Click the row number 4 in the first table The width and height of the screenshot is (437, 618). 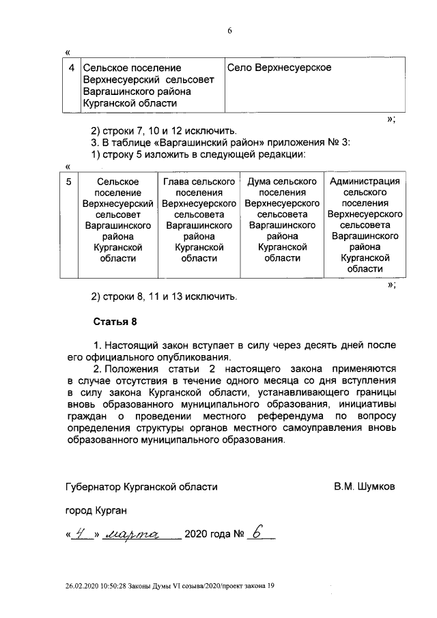coord(72,68)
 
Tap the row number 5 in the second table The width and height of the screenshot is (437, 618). coord(68,182)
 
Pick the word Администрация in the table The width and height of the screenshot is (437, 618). coord(364,182)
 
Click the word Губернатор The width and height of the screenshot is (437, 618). coord(94,487)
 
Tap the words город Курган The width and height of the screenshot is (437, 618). coord(96,510)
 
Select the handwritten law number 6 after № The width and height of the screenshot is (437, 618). coord(257,533)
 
